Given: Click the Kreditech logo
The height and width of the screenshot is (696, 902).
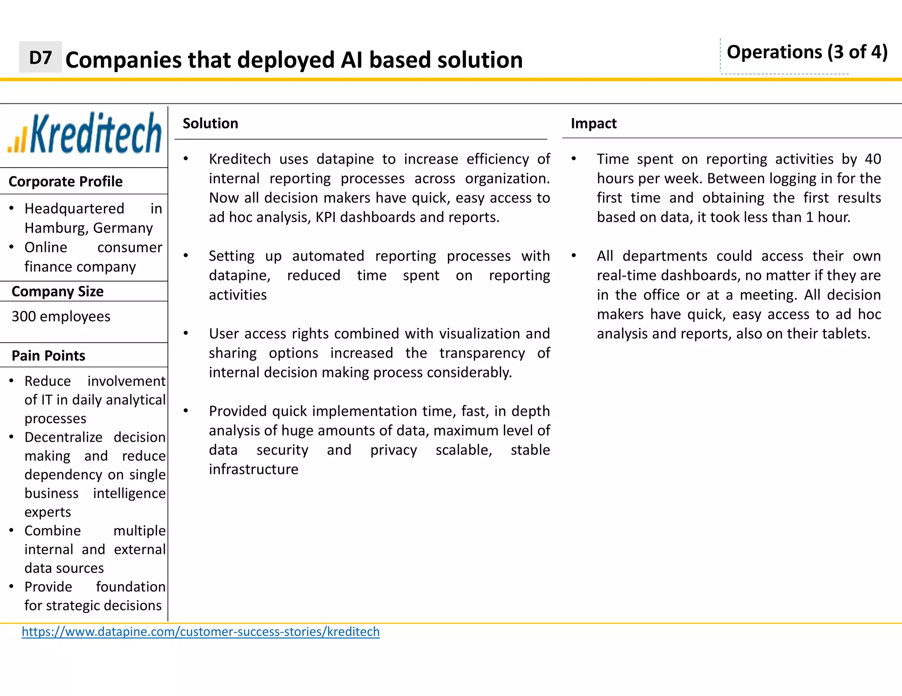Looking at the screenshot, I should [x=85, y=133].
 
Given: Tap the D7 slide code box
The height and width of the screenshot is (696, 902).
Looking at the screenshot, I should [x=40, y=57].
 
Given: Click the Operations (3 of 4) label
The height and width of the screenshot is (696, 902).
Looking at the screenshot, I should [x=806, y=52].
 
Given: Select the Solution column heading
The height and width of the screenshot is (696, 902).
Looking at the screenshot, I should [x=210, y=124].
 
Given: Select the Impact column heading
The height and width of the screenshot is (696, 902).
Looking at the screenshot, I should [x=593, y=124].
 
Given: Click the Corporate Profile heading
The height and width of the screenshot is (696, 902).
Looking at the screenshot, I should [x=65, y=181].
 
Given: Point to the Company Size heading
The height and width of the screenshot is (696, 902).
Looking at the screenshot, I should [x=57, y=291].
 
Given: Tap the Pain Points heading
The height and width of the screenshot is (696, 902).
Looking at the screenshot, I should [x=48, y=355].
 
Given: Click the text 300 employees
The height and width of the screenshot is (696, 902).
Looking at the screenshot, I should [x=61, y=316].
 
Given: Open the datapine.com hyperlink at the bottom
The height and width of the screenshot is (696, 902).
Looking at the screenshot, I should [x=200, y=632].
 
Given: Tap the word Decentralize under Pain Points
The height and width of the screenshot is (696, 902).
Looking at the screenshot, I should [x=63, y=437].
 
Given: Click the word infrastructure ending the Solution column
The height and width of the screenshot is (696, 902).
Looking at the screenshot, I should [x=253, y=469].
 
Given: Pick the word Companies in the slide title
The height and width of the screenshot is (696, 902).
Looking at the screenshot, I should [x=123, y=60].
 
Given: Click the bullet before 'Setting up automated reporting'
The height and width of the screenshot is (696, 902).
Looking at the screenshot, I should [x=186, y=256].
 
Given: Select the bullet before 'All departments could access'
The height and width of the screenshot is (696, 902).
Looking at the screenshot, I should [x=573, y=256].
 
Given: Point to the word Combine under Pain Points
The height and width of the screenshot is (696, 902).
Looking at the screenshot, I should [x=52, y=531].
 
